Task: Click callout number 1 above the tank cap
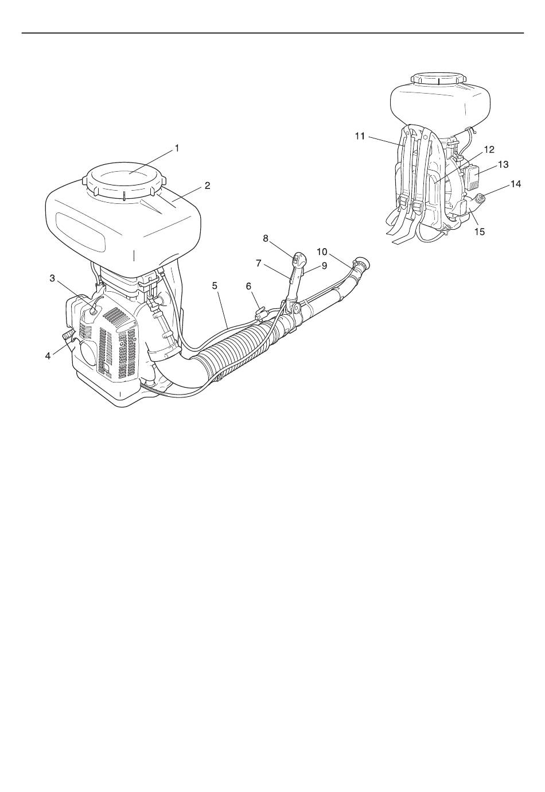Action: tap(177, 148)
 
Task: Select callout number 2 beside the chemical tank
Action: tap(207, 186)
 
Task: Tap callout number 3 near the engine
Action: tap(52, 278)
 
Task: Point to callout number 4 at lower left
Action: tap(48, 356)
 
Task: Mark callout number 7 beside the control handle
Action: tap(258, 263)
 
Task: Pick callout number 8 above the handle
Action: tap(266, 238)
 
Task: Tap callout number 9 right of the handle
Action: tap(324, 265)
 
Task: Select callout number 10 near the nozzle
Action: tap(322, 252)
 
